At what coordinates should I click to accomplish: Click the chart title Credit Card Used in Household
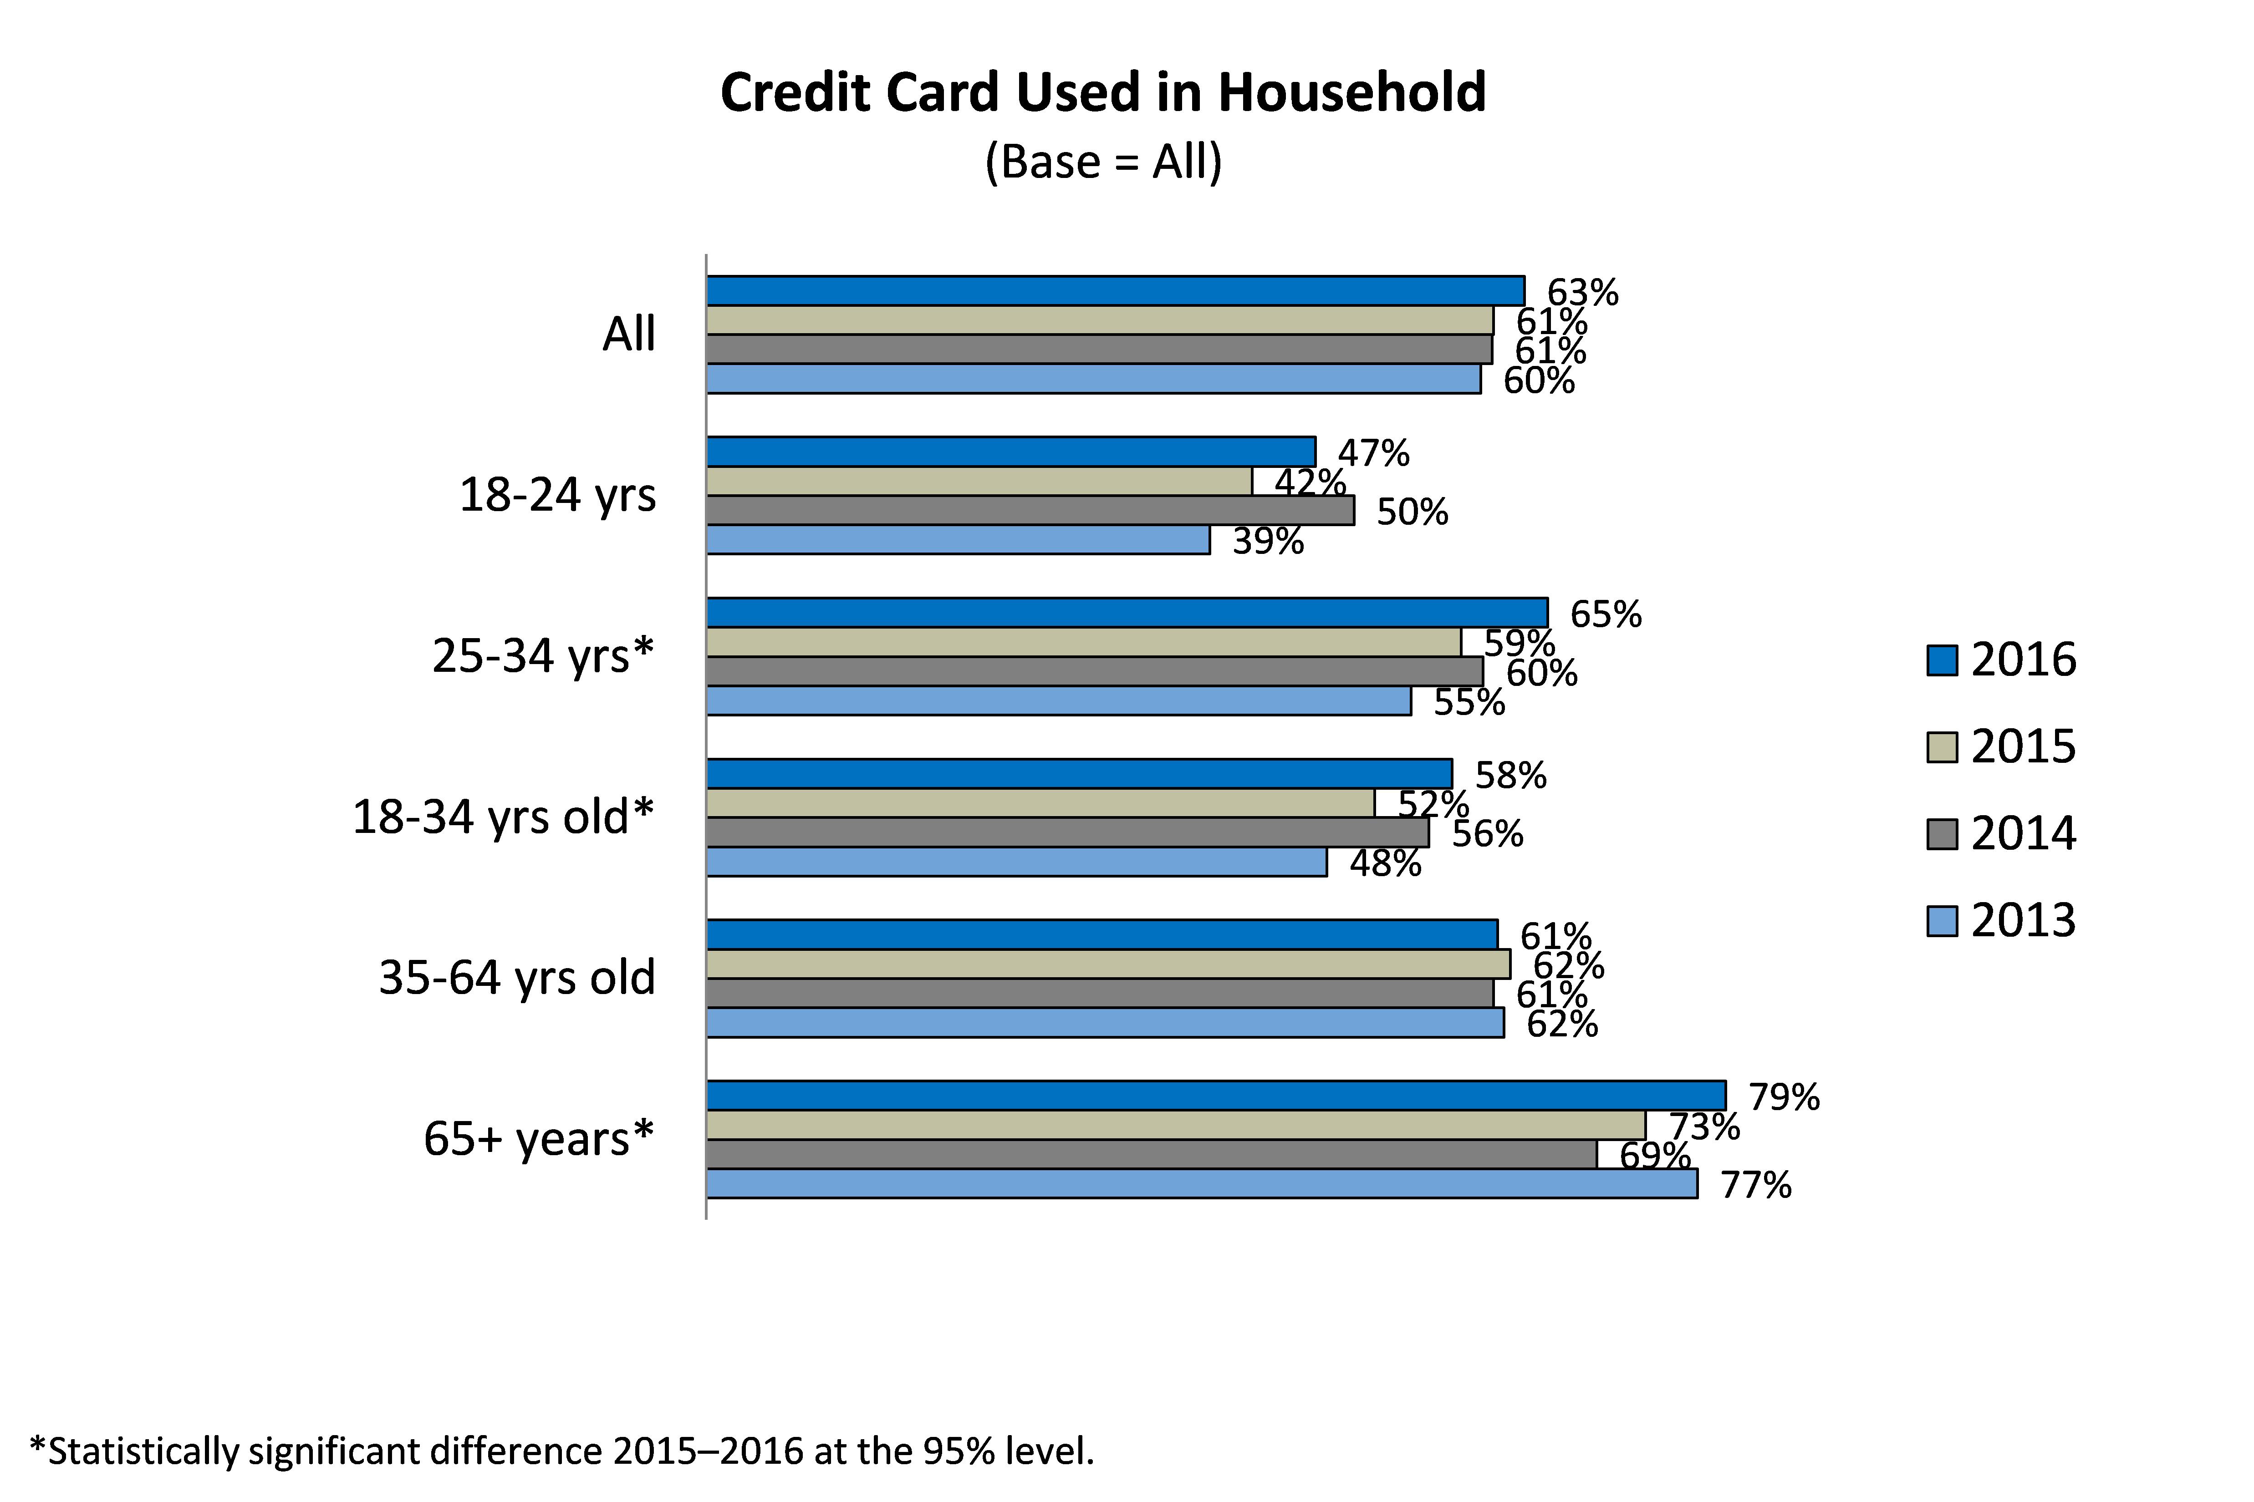[x=1103, y=93]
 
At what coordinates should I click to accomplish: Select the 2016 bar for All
[x=1115, y=290]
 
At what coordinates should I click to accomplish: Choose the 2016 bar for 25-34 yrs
[x=1127, y=612]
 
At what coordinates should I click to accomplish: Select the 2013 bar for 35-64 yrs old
[x=1105, y=1022]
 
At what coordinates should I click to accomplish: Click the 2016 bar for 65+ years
[x=1215, y=1095]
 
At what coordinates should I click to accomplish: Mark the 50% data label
[x=1412, y=513]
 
